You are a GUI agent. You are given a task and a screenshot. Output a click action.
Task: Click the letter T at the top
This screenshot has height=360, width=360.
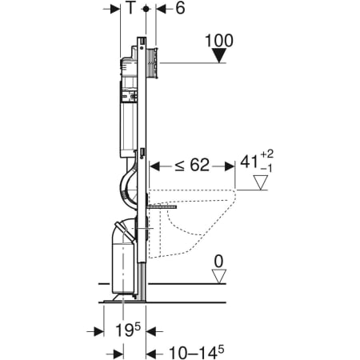pyautogui.click(x=130, y=8)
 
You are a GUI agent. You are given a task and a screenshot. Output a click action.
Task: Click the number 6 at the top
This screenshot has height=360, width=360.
pyautogui.click(x=180, y=8)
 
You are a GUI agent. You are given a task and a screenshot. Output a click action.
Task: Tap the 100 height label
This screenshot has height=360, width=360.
pyautogui.click(x=219, y=41)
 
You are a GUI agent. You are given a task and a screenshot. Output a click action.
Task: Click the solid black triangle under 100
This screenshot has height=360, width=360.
pyautogui.click(x=219, y=55)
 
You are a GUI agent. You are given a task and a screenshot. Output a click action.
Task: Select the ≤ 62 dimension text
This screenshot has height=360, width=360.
pyautogui.click(x=192, y=166)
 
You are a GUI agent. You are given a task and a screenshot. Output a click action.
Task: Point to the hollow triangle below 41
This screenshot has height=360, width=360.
pyautogui.click(x=260, y=182)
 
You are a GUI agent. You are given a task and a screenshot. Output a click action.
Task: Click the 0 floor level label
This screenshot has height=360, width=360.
pyautogui.click(x=218, y=262)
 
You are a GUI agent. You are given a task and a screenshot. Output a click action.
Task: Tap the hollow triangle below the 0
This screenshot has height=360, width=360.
pyautogui.click(x=219, y=276)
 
